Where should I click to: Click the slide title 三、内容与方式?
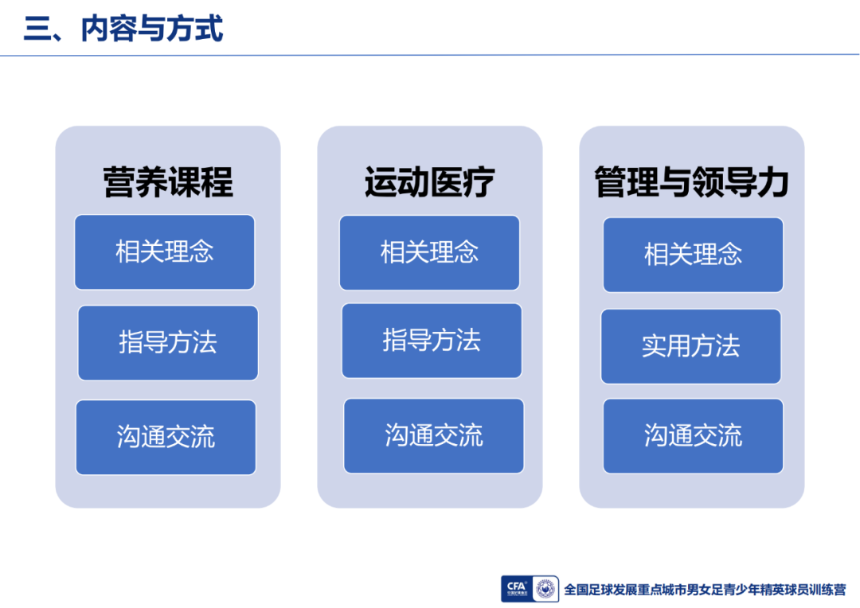123,29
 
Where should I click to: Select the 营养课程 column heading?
168,182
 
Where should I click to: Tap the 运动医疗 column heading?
430,182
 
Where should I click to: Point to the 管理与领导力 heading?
692,182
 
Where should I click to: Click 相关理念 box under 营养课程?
165,252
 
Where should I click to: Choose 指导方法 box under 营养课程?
168,343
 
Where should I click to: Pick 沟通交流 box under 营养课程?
166,437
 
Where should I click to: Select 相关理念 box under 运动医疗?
429,253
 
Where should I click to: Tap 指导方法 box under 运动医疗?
432,341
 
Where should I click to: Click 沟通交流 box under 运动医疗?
434,436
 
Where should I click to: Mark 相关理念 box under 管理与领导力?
694,255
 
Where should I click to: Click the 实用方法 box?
691,346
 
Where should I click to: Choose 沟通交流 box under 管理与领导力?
694,436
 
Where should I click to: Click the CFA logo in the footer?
516,589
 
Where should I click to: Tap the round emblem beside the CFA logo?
545,589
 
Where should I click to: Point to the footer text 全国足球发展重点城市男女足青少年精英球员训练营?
705,590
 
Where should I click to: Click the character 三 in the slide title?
37,29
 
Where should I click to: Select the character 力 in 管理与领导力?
773,182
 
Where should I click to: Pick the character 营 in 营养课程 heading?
119,182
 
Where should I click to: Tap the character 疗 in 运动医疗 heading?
479,182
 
